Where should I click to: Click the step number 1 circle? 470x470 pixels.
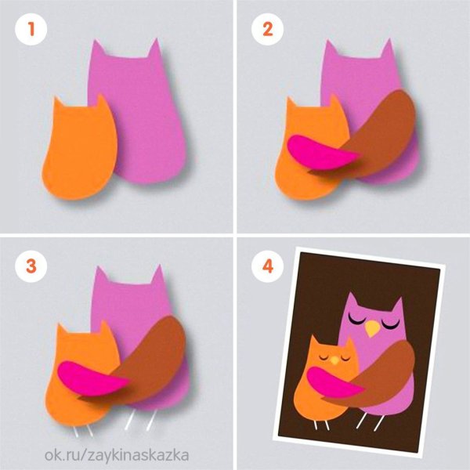(x=31, y=30)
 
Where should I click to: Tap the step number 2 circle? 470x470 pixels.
(x=267, y=30)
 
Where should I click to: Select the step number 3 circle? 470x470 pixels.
(x=31, y=266)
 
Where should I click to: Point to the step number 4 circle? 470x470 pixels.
(x=267, y=266)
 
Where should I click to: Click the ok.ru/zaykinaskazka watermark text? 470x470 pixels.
(x=117, y=455)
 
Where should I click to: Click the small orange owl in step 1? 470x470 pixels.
(x=79, y=150)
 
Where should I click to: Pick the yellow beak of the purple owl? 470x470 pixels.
(x=372, y=328)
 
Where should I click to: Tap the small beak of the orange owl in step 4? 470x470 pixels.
(x=334, y=360)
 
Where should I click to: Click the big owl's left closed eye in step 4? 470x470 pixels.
(x=356, y=320)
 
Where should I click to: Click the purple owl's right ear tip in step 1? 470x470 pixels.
(x=157, y=38)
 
